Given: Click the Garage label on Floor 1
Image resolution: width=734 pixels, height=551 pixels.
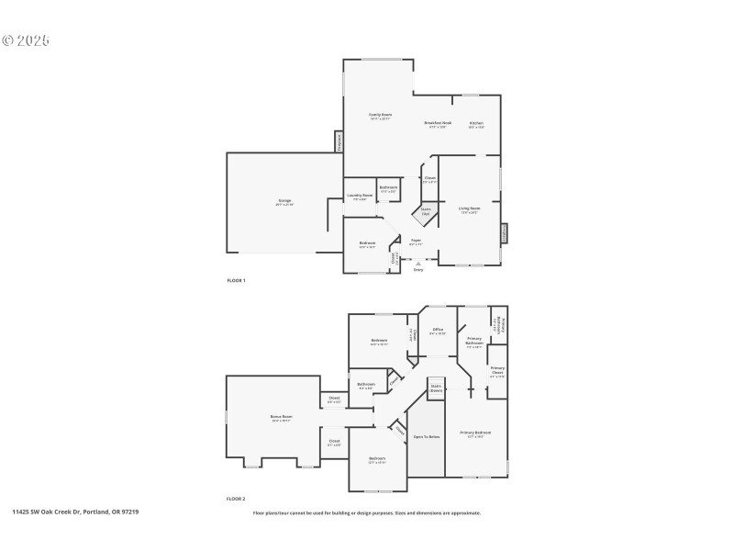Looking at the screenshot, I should pyautogui.click(x=284, y=202).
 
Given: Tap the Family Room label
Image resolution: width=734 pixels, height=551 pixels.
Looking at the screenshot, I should pyautogui.click(x=381, y=117).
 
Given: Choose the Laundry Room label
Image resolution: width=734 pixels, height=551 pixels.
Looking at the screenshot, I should pyautogui.click(x=360, y=197).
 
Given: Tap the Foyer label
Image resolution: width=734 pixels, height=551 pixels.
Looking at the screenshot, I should pyautogui.click(x=416, y=242).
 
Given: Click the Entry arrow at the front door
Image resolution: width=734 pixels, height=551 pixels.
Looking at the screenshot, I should pyautogui.click(x=418, y=263).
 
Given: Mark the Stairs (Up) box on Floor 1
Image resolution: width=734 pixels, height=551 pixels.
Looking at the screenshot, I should pyautogui.click(x=426, y=212).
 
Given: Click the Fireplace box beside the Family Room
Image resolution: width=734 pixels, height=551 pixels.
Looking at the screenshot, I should pyautogui.click(x=339, y=142).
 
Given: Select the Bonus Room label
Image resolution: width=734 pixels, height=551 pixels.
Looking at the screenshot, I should pyautogui.click(x=281, y=418).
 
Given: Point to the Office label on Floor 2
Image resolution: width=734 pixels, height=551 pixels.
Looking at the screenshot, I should pyautogui.click(x=438, y=331).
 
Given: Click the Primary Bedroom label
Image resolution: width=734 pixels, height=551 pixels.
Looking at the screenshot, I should pyautogui.click(x=476, y=433).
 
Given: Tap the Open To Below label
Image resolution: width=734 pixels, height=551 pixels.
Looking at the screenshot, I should pyautogui.click(x=427, y=436).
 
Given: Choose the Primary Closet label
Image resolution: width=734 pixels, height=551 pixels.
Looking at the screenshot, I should pyautogui.click(x=497, y=372).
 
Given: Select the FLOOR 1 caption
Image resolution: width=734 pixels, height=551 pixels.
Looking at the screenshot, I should pyautogui.click(x=236, y=279).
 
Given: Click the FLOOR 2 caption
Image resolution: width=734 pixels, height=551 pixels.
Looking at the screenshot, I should pyautogui.click(x=236, y=499).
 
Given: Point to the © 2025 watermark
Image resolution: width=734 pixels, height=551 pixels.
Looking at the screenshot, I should pyautogui.click(x=26, y=40).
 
